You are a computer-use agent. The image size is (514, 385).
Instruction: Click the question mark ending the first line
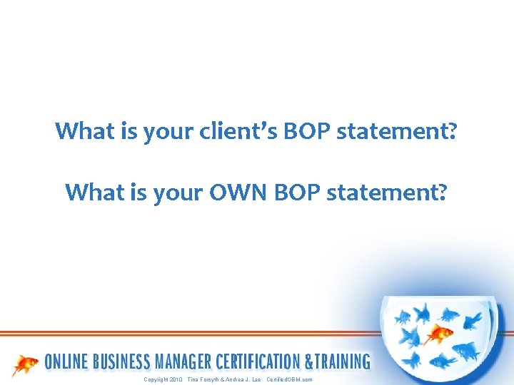pyautogui.click(x=452, y=132)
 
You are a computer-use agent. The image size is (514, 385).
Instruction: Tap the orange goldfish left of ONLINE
pyautogui.click(x=26, y=364)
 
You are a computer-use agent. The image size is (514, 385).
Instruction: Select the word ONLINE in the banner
pyautogui.click(x=69, y=362)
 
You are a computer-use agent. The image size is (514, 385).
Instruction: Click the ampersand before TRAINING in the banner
pyautogui.click(x=309, y=362)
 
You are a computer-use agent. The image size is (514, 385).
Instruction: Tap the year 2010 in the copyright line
pyautogui.click(x=176, y=380)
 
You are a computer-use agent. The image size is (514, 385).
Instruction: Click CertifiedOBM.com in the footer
pyautogui.click(x=289, y=380)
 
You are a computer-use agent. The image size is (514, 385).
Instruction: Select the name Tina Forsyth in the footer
pyautogui.click(x=204, y=380)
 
